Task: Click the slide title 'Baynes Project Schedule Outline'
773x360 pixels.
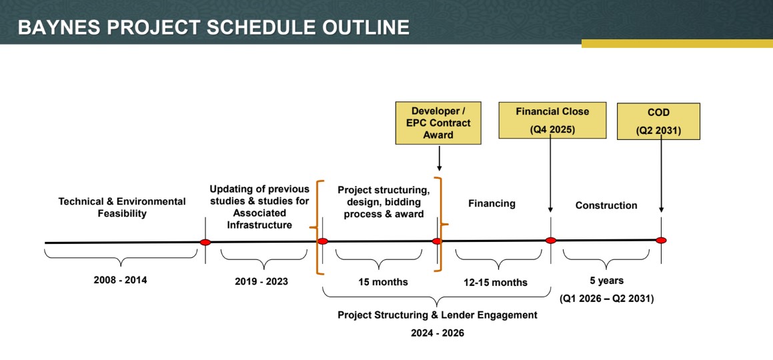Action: (x=213, y=27)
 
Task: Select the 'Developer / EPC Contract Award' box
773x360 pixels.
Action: (x=438, y=123)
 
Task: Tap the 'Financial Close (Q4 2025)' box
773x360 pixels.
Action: (x=552, y=120)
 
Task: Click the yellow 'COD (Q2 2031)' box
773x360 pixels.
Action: (x=658, y=121)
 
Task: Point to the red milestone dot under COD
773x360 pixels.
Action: (x=661, y=240)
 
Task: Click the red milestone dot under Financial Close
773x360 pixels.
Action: (x=551, y=241)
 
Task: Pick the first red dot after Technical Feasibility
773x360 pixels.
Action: (x=205, y=242)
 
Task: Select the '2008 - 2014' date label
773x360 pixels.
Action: (x=120, y=280)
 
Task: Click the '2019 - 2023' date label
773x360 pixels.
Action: (x=261, y=281)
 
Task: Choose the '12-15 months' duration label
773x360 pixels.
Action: (x=496, y=283)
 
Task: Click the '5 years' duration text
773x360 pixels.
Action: (x=606, y=281)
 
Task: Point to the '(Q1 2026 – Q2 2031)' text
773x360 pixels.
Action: (x=606, y=299)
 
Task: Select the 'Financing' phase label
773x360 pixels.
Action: (x=492, y=203)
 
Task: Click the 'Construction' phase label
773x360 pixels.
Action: (x=606, y=205)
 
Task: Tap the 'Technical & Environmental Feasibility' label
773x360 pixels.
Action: (x=122, y=207)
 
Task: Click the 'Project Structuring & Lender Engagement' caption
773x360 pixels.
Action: (x=438, y=315)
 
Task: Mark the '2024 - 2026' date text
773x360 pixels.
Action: (x=438, y=333)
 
